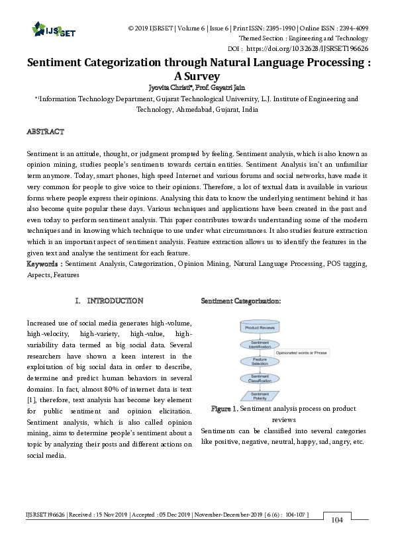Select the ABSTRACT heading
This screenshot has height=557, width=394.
tap(45, 132)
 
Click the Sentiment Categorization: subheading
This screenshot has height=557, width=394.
tap(240, 301)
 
